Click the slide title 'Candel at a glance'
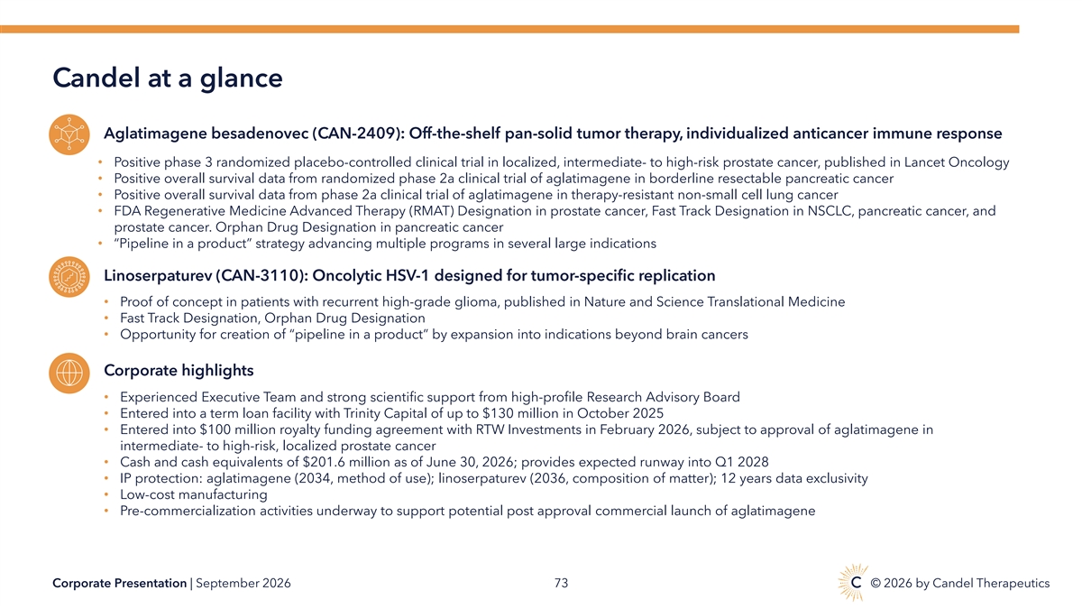click(167, 78)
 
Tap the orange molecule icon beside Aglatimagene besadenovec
click(69, 134)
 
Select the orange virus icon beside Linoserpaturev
click(69, 277)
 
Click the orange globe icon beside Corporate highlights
click(69, 373)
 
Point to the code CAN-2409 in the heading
click(356, 134)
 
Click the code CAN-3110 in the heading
click(260, 275)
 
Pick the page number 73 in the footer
click(561, 584)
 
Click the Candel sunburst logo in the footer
click(853, 583)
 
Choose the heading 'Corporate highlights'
click(179, 371)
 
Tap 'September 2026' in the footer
click(243, 584)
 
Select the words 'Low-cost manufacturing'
click(194, 495)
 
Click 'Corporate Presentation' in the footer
click(119, 584)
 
